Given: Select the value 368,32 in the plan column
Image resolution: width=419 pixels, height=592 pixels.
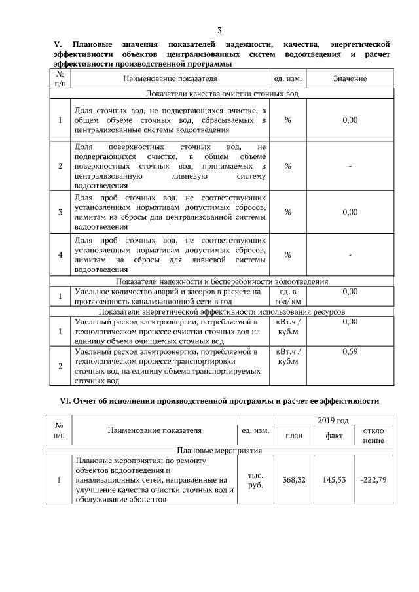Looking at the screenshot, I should coord(294,480).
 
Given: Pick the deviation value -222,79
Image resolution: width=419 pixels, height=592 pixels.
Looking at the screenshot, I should coord(374,480).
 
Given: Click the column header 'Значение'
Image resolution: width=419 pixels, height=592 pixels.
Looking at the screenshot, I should coord(350,78).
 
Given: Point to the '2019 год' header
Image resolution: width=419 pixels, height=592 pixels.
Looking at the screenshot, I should coord(333,420).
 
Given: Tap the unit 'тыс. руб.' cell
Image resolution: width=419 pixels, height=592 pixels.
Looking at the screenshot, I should coord(255,480).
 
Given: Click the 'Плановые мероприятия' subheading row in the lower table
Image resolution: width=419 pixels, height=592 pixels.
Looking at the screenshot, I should coord(219,451).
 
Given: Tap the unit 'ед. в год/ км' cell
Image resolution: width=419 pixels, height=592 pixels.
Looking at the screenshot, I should coord(287,296).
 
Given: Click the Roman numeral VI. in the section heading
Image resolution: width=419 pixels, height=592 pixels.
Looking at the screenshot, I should coord(61,400).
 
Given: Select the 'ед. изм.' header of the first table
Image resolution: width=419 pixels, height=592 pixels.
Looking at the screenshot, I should coord(287,78).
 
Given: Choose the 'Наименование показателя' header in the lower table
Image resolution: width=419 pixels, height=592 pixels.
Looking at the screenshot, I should coord(155,430).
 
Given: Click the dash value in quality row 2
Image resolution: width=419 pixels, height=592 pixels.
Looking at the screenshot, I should coord(350,166).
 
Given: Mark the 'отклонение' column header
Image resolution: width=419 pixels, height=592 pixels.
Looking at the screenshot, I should coord(374,436).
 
